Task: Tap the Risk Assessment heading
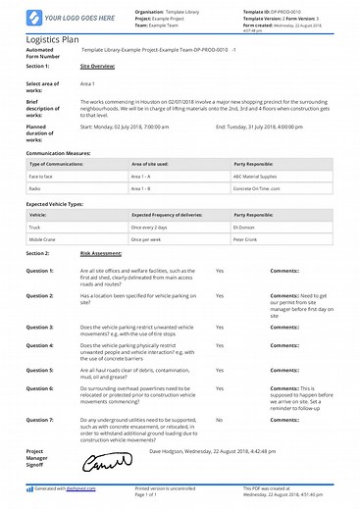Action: point(101,253)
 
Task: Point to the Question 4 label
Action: point(39,346)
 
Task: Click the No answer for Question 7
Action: point(219,420)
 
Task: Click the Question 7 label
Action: point(39,420)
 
